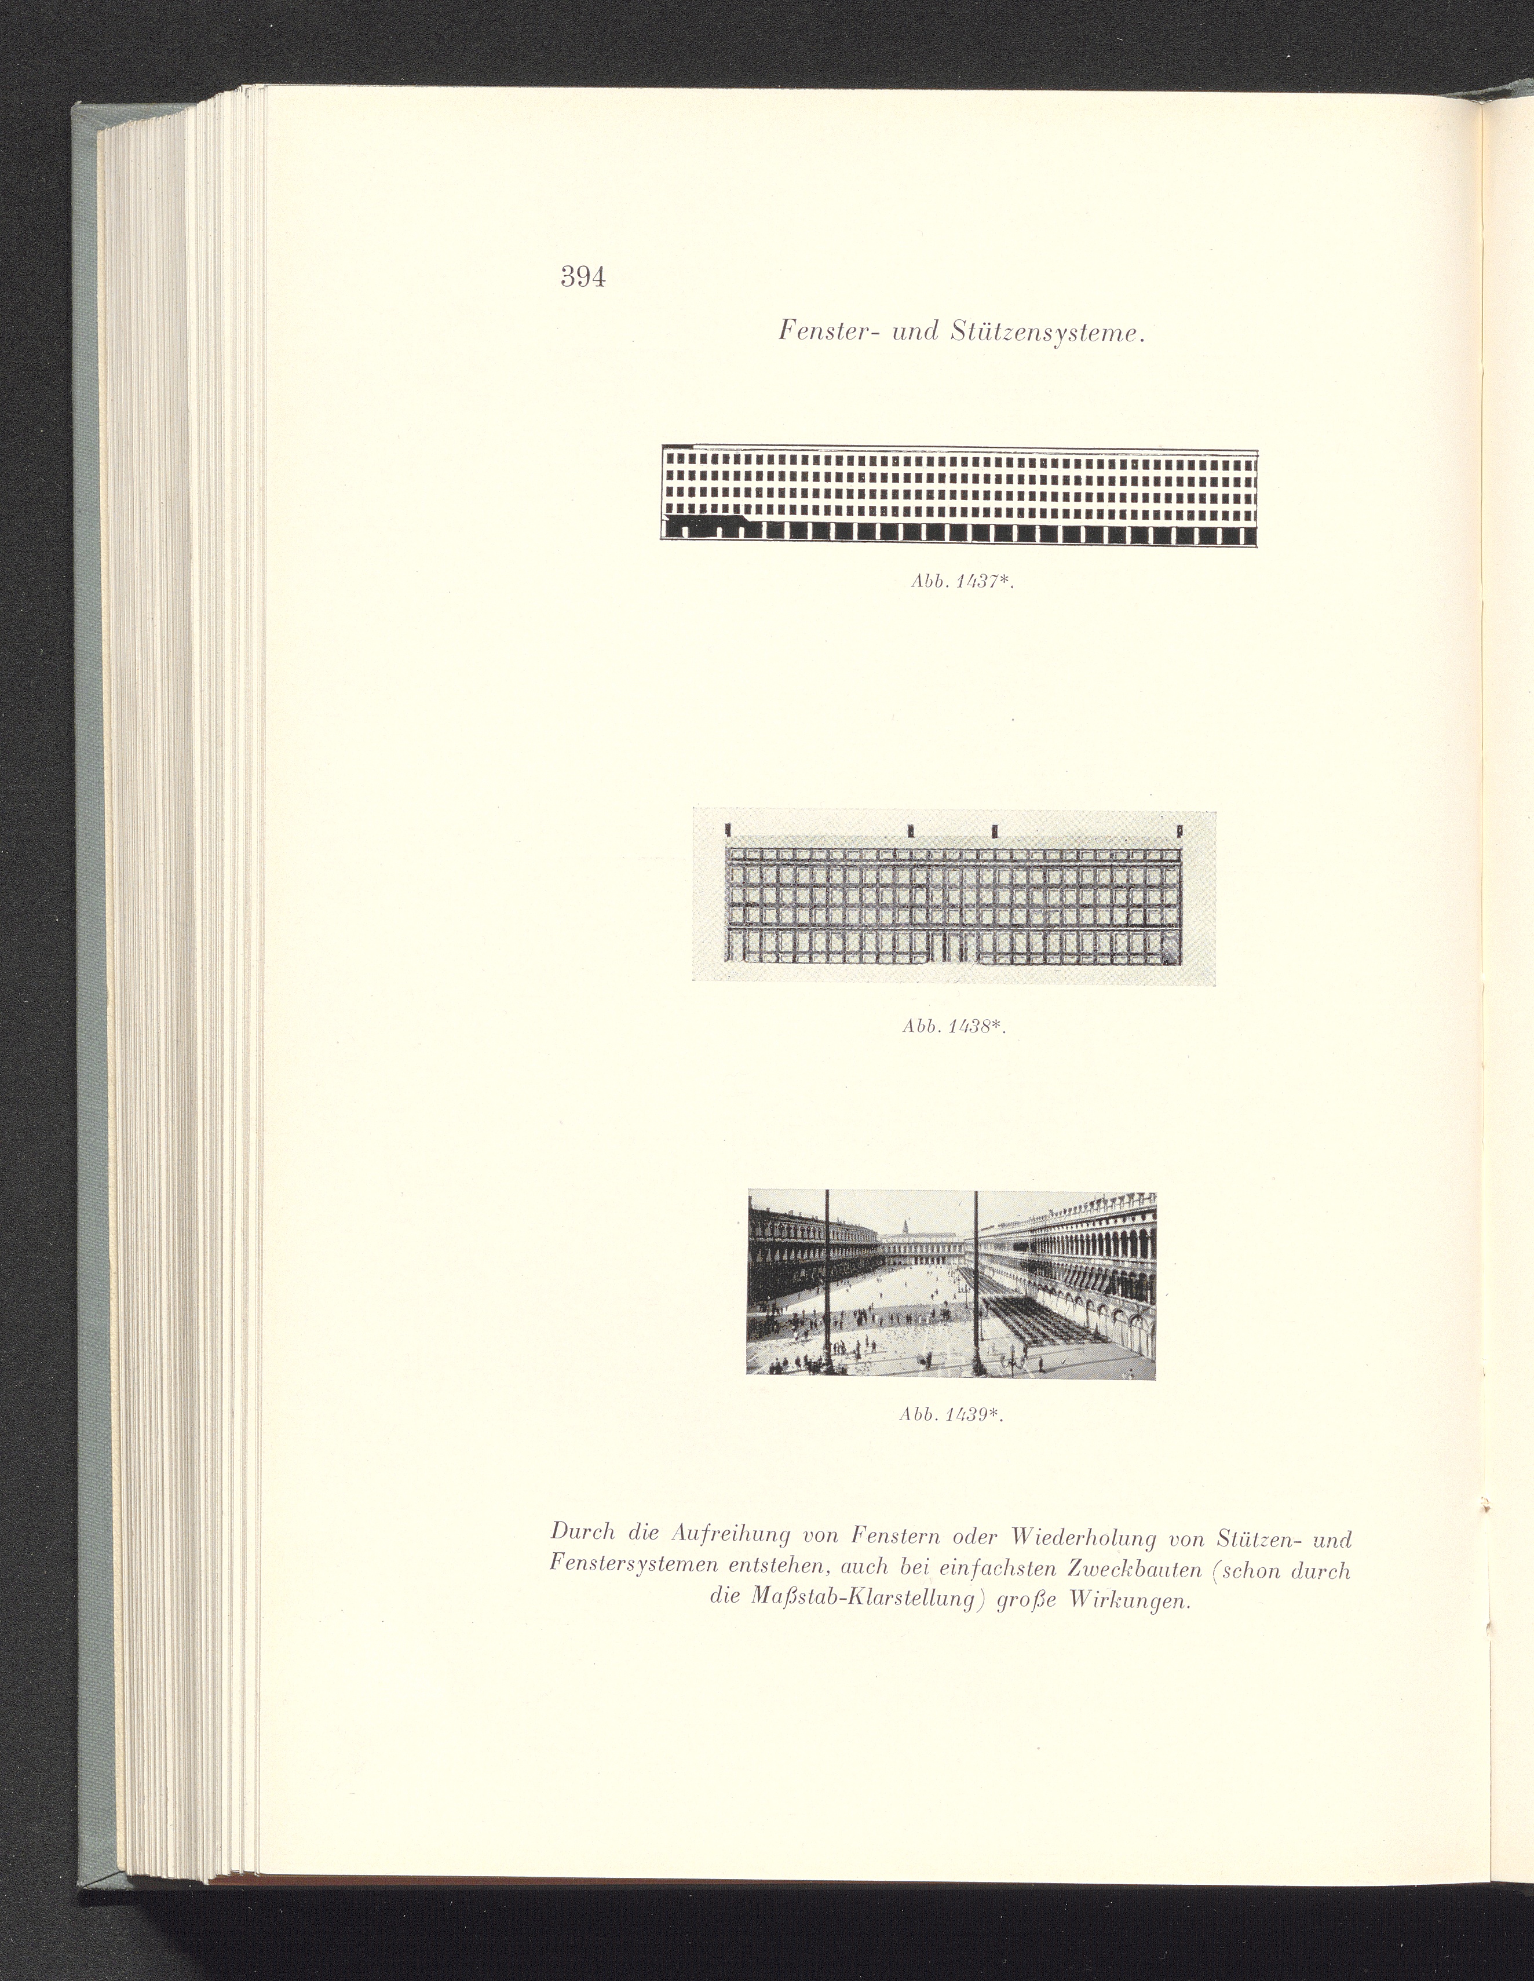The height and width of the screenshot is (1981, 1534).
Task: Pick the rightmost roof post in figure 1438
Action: pos(1178,829)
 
